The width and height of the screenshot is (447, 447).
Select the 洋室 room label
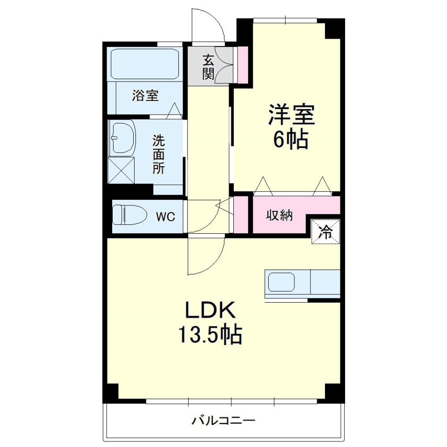[291, 115]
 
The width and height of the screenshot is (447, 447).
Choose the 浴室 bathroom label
[145, 96]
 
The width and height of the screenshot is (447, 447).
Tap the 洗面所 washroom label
[159, 154]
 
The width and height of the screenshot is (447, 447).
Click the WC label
[165, 217]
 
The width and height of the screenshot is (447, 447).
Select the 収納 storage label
[279, 216]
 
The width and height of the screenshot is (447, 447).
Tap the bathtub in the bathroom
[144, 64]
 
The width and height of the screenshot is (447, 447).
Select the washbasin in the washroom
[122, 138]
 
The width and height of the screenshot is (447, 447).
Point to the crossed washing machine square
[121, 170]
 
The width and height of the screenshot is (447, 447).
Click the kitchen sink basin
[281, 282]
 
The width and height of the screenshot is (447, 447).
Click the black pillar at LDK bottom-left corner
[110, 393]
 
